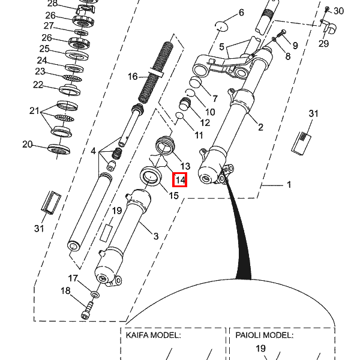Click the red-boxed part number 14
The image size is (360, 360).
(x=181, y=179)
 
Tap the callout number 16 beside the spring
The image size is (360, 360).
(x=133, y=76)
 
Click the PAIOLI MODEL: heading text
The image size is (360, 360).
(x=260, y=335)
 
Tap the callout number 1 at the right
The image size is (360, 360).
(x=289, y=185)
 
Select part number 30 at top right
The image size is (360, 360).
(x=338, y=11)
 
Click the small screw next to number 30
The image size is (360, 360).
(x=326, y=10)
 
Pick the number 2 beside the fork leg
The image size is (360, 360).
(x=260, y=127)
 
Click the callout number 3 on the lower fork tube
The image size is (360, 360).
(x=155, y=236)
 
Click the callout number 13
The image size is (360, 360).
(x=185, y=166)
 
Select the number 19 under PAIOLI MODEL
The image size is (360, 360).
(x=260, y=349)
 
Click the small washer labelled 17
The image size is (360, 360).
(x=95, y=295)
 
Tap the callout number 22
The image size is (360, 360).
(x=38, y=85)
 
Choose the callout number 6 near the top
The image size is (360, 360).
(x=241, y=13)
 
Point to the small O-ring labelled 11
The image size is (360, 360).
(x=179, y=116)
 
